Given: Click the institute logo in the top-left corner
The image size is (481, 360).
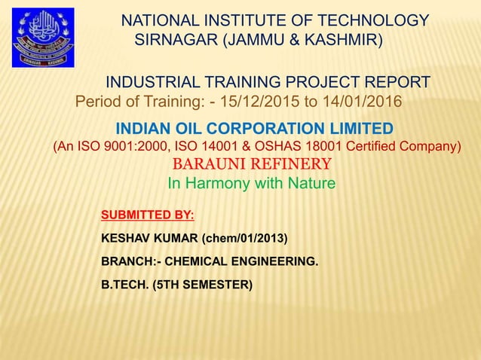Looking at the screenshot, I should coord(43,38).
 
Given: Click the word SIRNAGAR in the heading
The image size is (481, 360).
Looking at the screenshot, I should coord(171,39).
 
